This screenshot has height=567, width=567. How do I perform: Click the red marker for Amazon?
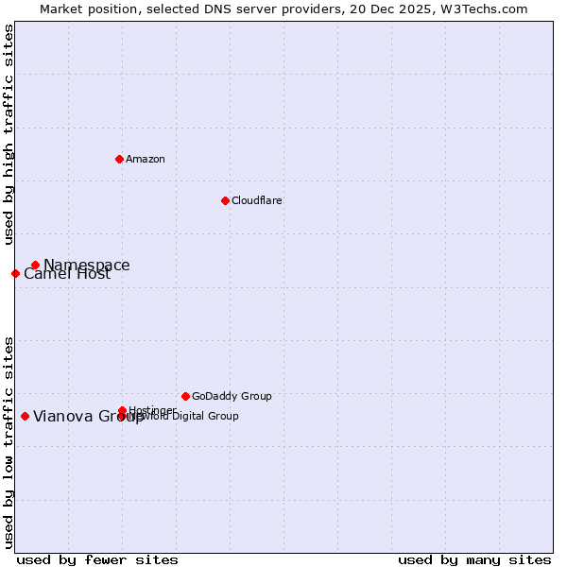pos(119,159)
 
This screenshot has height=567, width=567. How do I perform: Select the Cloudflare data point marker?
pos(225,200)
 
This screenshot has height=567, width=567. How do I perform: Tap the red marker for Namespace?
pos(35,265)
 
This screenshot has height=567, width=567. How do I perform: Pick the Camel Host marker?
pos(15,273)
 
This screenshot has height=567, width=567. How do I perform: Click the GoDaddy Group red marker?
pos(185,396)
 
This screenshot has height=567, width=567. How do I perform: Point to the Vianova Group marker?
pos(25,416)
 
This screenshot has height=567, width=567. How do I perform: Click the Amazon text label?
pos(146,159)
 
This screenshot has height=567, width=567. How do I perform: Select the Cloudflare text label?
pos(257,200)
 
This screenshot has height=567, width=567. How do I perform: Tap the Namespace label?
pos(87,265)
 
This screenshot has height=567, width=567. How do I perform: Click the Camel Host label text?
pos(67,274)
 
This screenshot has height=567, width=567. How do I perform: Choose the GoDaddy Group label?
pos(232,396)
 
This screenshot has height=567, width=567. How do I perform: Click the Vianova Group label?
pos(89,416)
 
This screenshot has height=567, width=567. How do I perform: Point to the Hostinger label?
pos(152,410)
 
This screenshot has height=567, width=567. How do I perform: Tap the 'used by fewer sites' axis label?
pos(97,560)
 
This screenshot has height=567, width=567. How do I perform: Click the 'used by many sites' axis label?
pos(474,560)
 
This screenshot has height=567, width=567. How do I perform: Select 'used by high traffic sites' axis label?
pos(9,134)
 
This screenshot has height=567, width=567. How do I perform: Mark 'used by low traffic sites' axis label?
pos(9,441)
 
